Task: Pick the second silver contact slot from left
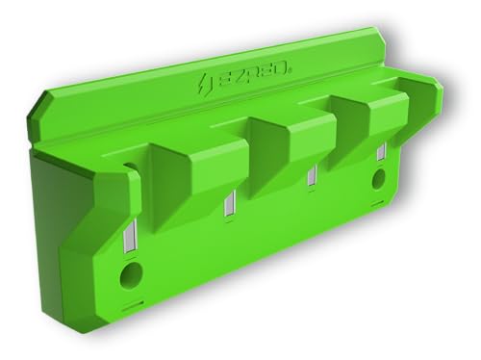(x=227, y=206)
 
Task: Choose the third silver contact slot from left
(x=310, y=177)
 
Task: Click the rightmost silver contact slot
(x=381, y=152)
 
